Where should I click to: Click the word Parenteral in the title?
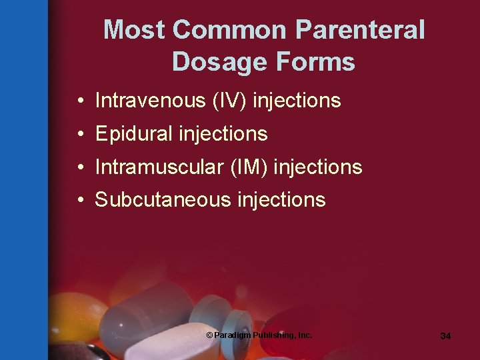(x=360, y=30)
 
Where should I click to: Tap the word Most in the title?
(x=135, y=30)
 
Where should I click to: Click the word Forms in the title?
(x=313, y=62)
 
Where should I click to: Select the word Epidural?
(x=133, y=134)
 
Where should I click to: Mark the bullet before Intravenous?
(x=79, y=101)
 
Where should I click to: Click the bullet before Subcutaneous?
(x=79, y=200)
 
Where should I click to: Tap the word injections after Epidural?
(x=223, y=134)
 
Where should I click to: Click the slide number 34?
(x=445, y=336)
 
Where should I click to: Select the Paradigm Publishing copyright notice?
(x=259, y=335)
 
